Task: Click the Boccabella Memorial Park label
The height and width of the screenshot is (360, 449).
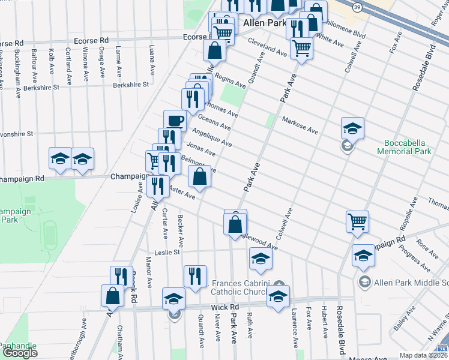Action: pyautogui.click(x=413, y=148)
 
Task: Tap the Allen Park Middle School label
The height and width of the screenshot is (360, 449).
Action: pyautogui.click(x=411, y=282)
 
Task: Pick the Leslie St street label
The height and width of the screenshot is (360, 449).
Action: pyautogui.click(x=168, y=253)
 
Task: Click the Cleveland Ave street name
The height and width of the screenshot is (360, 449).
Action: pyautogui.click(x=268, y=50)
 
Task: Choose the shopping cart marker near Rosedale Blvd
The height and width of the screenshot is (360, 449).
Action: pyautogui.click(x=357, y=221)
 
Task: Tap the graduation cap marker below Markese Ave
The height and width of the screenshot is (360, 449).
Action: pyautogui.click(x=352, y=128)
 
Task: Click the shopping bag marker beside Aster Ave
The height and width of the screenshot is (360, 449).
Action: pyautogui.click(x=200, y=176)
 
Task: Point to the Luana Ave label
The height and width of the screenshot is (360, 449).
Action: pyautogui.click(x=152, y=62)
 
